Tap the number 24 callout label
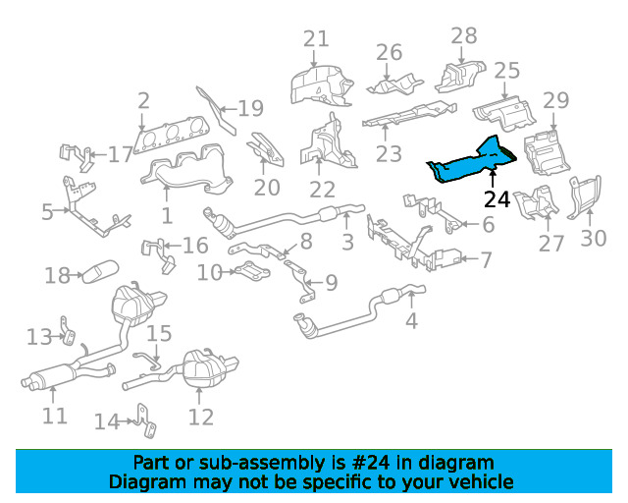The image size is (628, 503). [497, 199]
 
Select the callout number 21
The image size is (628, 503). [315, 39]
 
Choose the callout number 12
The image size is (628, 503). [200, 417]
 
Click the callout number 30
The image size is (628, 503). [594, 238]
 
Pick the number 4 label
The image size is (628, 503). [411, 320]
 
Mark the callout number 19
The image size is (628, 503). [250, 108]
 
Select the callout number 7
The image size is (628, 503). [485, 259]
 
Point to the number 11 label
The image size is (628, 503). [55, 416]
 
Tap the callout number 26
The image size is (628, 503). [389, 51]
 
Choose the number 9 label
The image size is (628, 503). [331, 283]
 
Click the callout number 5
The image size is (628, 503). [46, 211]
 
